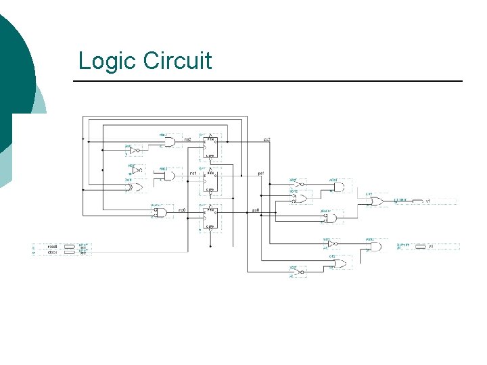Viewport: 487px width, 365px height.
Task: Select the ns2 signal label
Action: [187, 140]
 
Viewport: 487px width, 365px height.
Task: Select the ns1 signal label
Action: [193, 174]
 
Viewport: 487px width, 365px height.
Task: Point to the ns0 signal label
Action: [181, 210]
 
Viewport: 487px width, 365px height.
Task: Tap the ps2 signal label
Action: [267, 140]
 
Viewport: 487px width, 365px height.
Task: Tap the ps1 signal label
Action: [260, 174]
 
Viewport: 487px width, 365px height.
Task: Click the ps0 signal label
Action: [256, 210]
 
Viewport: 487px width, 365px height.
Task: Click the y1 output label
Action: [428, 201]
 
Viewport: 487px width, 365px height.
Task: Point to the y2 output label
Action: [430, 247]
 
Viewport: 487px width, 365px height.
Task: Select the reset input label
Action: [53, 247]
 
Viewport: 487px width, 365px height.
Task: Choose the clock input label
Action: [53, 252]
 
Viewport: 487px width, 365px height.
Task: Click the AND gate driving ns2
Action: [168, 142]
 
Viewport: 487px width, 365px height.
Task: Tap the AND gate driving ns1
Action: [168, 176]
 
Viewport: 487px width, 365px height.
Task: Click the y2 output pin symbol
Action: [420, 247]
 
